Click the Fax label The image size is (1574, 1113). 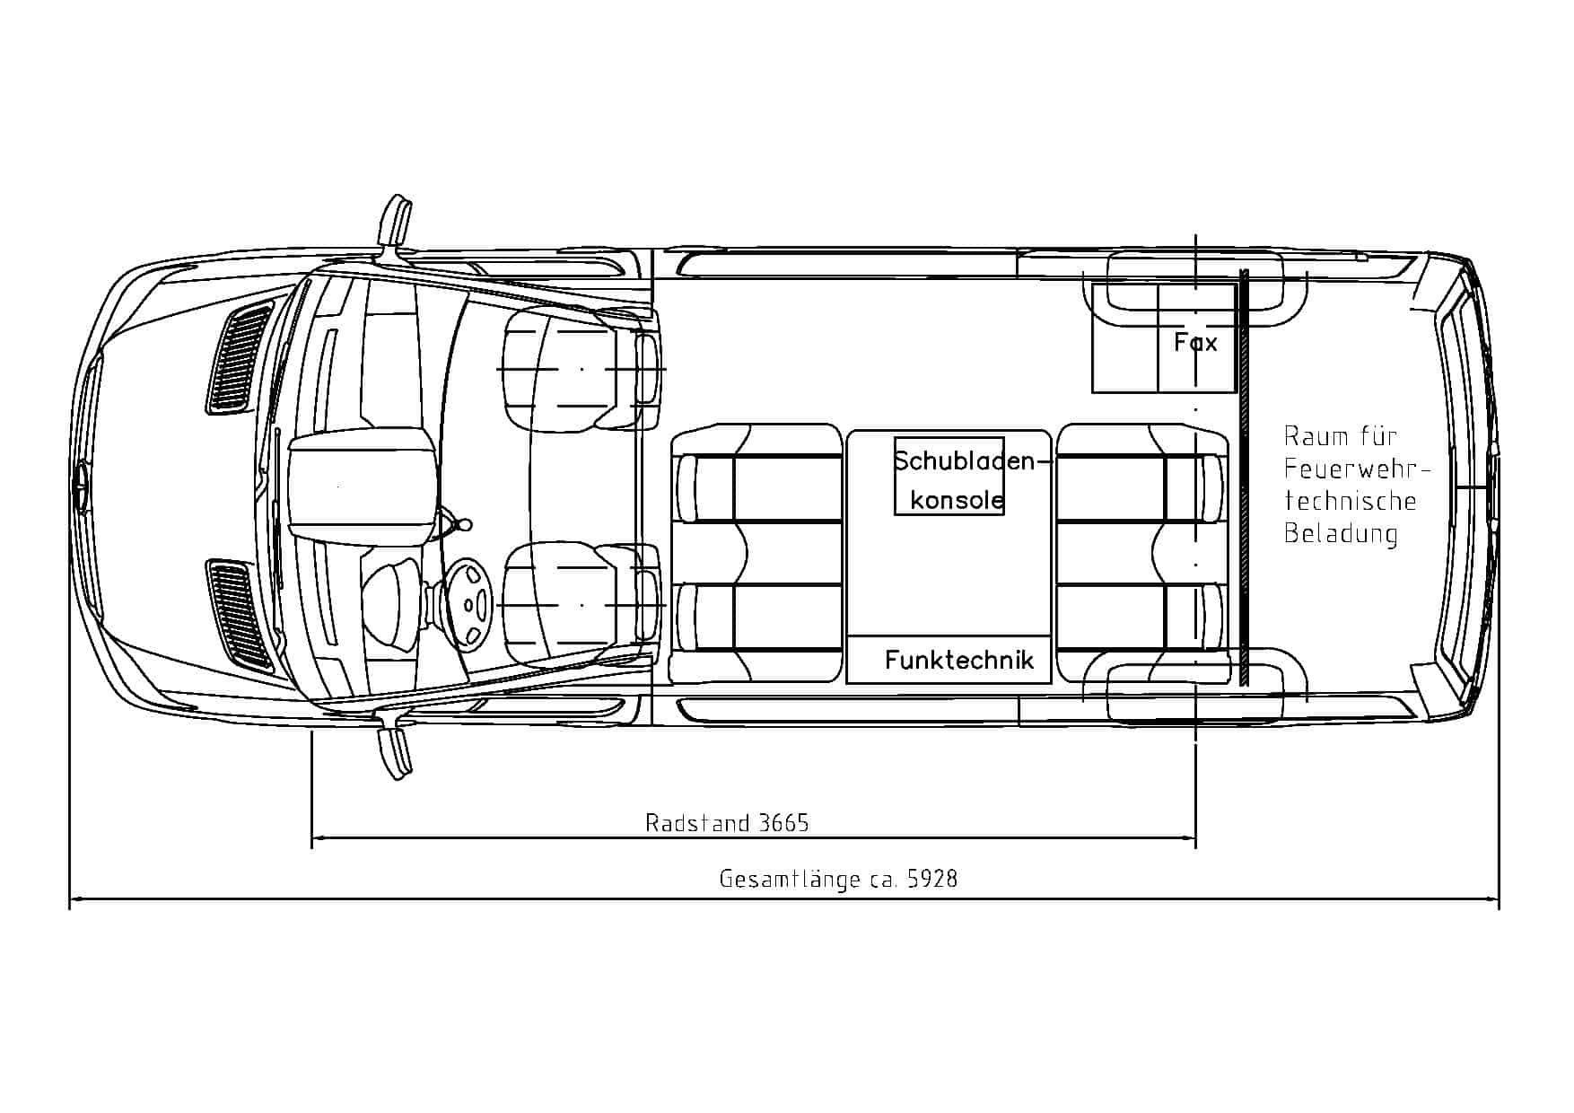pos(1195,342)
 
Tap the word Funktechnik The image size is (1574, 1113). pos(958,661)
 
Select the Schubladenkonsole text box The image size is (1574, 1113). pos(949,477)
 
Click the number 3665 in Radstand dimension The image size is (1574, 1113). pos(783,823)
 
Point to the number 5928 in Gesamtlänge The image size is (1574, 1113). pos(932,879)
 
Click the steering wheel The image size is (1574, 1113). pos(472,602)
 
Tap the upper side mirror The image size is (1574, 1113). pos(396,221)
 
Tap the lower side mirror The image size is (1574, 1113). pos(396,752)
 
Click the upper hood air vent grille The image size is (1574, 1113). pos(240,357)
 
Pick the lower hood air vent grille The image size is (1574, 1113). pos(240,616)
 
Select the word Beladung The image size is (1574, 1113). pos(1341,534)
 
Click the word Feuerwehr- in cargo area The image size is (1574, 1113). pos(1355,469)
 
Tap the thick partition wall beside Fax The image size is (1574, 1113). pos(1245,476)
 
